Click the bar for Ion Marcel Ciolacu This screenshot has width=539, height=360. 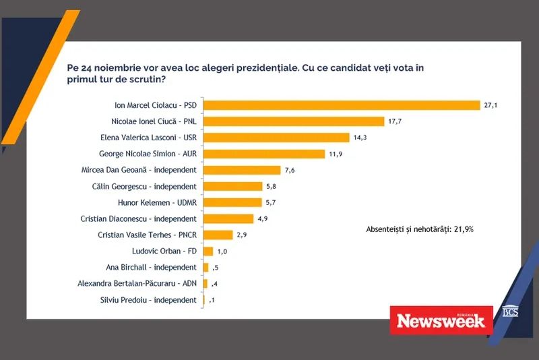(x=341, y=105)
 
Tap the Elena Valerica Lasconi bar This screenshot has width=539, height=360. (x=276, y=138)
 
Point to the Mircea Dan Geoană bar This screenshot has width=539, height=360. (x=242, y=170)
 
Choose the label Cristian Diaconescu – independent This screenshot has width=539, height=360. (x=148, y=218)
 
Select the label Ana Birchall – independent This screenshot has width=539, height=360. (x=152, y=267)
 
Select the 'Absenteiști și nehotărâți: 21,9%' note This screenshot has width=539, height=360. (x=419, y=229)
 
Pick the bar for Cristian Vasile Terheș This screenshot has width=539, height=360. (x=218, y=235)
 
